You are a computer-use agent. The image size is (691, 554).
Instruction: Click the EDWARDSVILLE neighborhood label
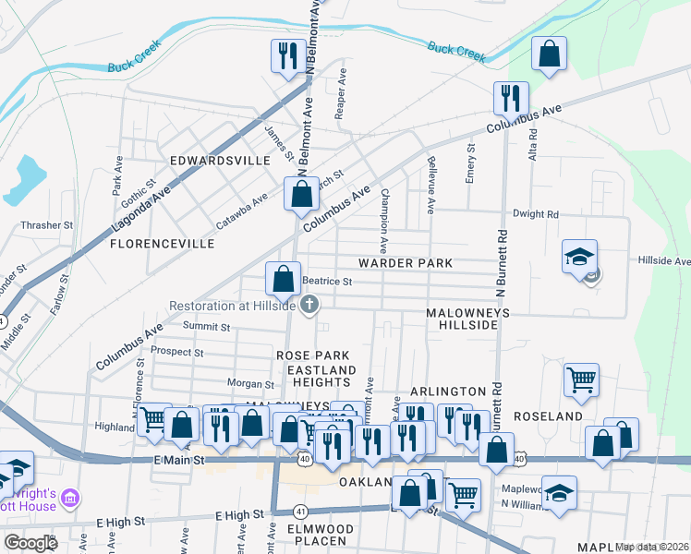coord(219,160)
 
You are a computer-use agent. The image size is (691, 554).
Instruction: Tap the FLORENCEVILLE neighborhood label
coord(162,244)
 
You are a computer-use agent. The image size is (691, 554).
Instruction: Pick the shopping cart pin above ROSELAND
coord(581,378)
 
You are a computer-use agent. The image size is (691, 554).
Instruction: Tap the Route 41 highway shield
coord(300,510)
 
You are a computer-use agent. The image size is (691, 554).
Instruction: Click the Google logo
coord(31,542)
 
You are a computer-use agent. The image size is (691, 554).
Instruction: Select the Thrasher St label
coord(46,224)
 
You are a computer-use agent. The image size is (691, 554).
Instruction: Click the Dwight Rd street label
coord(537,214)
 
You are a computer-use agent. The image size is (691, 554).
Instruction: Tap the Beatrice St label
coord(329,282)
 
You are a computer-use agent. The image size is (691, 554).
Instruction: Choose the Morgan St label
coord(252,383)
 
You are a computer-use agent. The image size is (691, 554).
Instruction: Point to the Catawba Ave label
coord(241,210)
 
